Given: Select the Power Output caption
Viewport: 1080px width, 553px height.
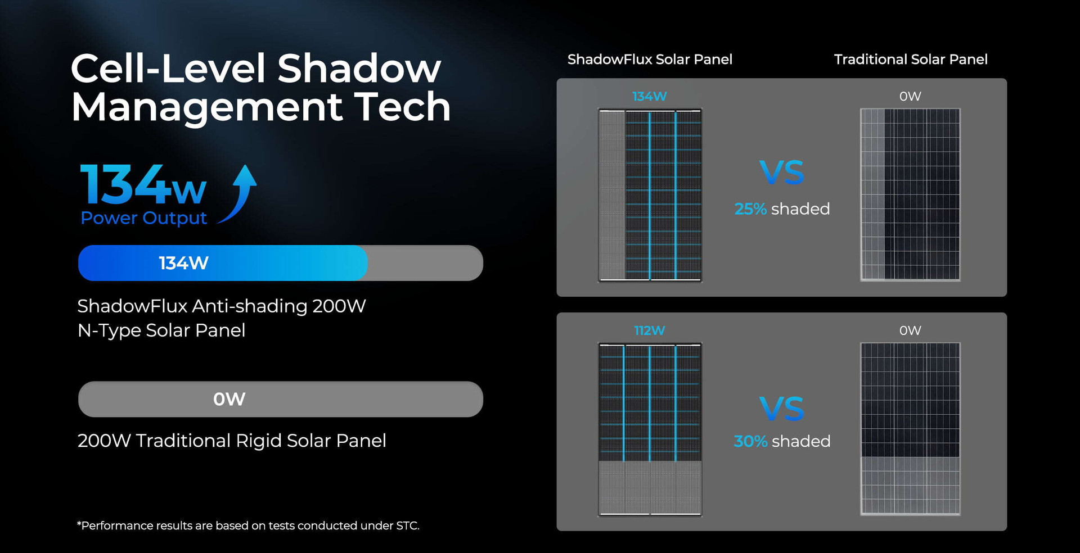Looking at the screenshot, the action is [x=143, y=218].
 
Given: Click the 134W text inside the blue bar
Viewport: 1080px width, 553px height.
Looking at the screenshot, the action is [x=183, y=263].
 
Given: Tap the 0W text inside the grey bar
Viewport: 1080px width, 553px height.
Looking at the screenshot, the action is [x=229, y=399].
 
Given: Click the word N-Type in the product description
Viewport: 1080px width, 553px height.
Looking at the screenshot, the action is [x=109, y=330].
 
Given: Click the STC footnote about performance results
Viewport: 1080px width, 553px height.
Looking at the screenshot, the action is [x=248, y=525].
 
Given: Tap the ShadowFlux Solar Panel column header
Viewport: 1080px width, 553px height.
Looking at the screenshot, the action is [x=650, y=59].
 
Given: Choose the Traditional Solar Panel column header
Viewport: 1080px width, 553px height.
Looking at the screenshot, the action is [x=911, y=59].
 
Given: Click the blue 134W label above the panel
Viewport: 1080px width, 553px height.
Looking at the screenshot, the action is [x=650, y=96].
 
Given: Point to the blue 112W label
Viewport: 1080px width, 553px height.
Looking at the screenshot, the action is [x=650, y=330].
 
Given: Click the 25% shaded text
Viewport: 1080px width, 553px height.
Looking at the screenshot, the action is [x=782, y=209].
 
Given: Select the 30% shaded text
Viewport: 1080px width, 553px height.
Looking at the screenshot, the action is [x=782, y=441].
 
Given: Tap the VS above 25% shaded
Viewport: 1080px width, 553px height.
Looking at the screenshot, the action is [x=782, y=173].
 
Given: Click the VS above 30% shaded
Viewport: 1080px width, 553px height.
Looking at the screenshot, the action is [x=782, y=409].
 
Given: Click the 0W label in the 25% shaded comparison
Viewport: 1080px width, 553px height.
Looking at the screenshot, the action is [x=910, y=96].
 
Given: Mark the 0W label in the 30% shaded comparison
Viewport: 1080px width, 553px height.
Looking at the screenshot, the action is [x=910, y=330].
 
